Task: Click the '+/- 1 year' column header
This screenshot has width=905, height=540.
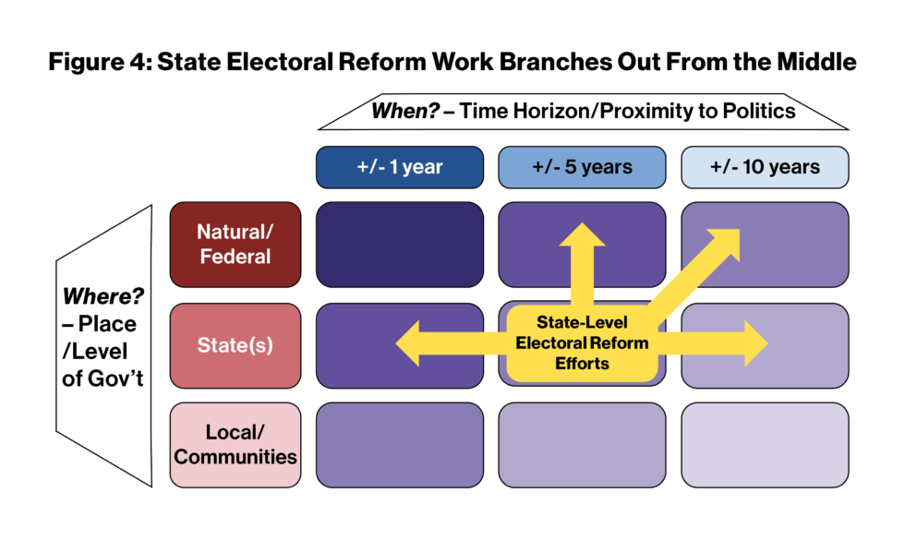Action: click(399, 167)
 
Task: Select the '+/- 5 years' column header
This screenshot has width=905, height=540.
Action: click(582, 167)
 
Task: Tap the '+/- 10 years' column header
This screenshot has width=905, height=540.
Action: click(765, 167)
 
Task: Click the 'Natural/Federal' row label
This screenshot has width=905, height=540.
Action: click(235, 244)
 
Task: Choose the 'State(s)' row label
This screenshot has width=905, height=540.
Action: click(235, 345)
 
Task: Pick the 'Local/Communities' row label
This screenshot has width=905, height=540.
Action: click(235, 444)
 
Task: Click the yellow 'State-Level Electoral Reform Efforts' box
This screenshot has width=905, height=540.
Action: click(582, 342)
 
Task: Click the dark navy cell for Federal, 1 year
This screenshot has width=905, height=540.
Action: click(399, 244)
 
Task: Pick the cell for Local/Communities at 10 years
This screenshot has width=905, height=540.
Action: click(765, 444)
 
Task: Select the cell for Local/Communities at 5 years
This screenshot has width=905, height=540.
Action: click(582, 444)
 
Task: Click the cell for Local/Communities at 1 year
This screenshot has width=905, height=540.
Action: click(399, 444)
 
